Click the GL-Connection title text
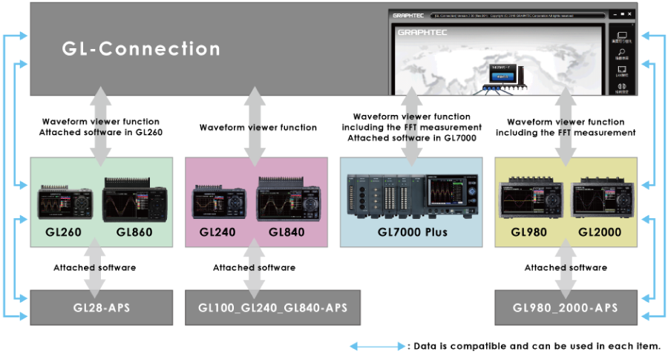[141, 50]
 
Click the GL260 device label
[65, 232]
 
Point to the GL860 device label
[136, 232]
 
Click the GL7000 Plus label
[411, 232]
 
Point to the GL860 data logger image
[136, 199]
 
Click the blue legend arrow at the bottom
[376, 346]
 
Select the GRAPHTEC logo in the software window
[409, 14]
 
